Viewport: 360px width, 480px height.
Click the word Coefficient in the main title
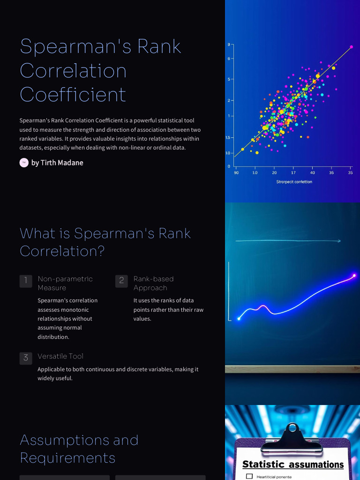(x=73, y=94)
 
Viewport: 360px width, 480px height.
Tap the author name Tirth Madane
(x=57, y=163)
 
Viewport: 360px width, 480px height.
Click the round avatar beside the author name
(x=24, y=163)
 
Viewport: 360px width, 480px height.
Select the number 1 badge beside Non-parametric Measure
(x=26, y=281)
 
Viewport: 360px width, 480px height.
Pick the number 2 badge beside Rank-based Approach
(x=121, y=281)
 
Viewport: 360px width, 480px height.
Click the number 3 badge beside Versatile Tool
(x=26, y=358)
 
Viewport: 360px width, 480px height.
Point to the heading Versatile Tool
(x=60, y=356)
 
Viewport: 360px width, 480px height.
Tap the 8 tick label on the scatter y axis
(x=229, y=45)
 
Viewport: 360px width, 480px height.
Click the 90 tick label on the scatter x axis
(x=236, y=172)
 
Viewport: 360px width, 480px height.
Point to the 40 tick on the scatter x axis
(x=313, y=172)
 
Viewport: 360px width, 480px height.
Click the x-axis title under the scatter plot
(x=294, y=182)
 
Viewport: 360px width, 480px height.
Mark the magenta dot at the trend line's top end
(x=351, y=47)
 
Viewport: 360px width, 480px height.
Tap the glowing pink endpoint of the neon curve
(x=354, y=276)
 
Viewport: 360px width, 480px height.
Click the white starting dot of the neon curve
(x=239, y=319)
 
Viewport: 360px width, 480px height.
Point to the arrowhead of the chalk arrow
(x=339, y=241)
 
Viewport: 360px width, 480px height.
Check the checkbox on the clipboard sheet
(x=249, y=476)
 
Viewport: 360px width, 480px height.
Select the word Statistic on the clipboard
(x=263, y=465)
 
